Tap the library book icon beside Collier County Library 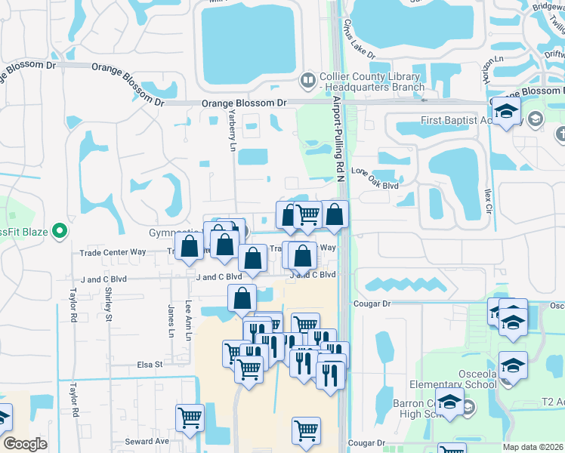coord(307,79)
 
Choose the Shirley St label coord(109,304)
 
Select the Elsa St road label coord(150,365)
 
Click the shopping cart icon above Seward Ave coord(190,416)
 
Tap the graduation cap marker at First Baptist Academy coord(508,112)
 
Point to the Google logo coord(25,444)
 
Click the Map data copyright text coord(533,447)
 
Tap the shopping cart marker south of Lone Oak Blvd coord(307,214)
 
